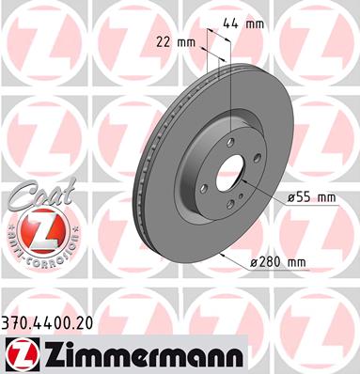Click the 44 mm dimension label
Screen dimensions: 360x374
243,23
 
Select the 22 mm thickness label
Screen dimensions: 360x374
176,42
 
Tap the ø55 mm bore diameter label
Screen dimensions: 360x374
312,197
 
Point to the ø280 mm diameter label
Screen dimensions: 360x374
277,261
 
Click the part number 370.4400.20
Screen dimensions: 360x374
47,323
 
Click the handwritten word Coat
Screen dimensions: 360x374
42,194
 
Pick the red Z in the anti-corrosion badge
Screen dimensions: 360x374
43,233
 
